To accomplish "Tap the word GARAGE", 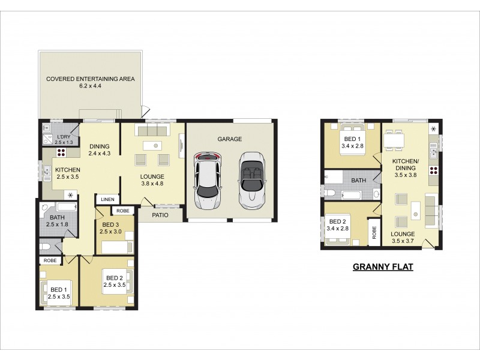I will click(230, 139).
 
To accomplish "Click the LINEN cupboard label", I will click(108, 199).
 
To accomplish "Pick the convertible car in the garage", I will click(251, 178).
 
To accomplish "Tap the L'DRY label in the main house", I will click(64, 137).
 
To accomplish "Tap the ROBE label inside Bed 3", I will click(122, 211).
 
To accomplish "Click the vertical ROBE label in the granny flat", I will click(374, 232).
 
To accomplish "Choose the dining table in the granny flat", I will click(397, 139).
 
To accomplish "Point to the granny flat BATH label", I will click(359, 180).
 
